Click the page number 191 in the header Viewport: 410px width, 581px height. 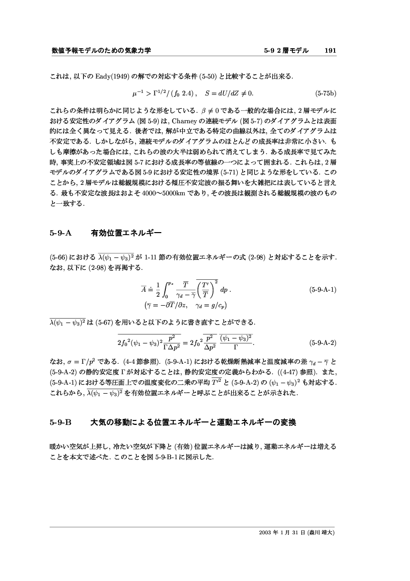click(x=330, y=51)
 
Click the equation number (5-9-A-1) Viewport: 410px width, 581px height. click(x=323, y=289)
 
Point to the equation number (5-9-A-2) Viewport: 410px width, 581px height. click(x=323, y=342)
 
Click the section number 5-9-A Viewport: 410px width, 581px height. click(x=61, y=233)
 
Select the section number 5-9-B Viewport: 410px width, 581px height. click(x=61, y=423)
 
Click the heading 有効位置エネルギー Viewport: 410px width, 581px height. click(x=126, y=233)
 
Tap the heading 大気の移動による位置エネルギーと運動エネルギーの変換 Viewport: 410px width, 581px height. click(x=193, y=423)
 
